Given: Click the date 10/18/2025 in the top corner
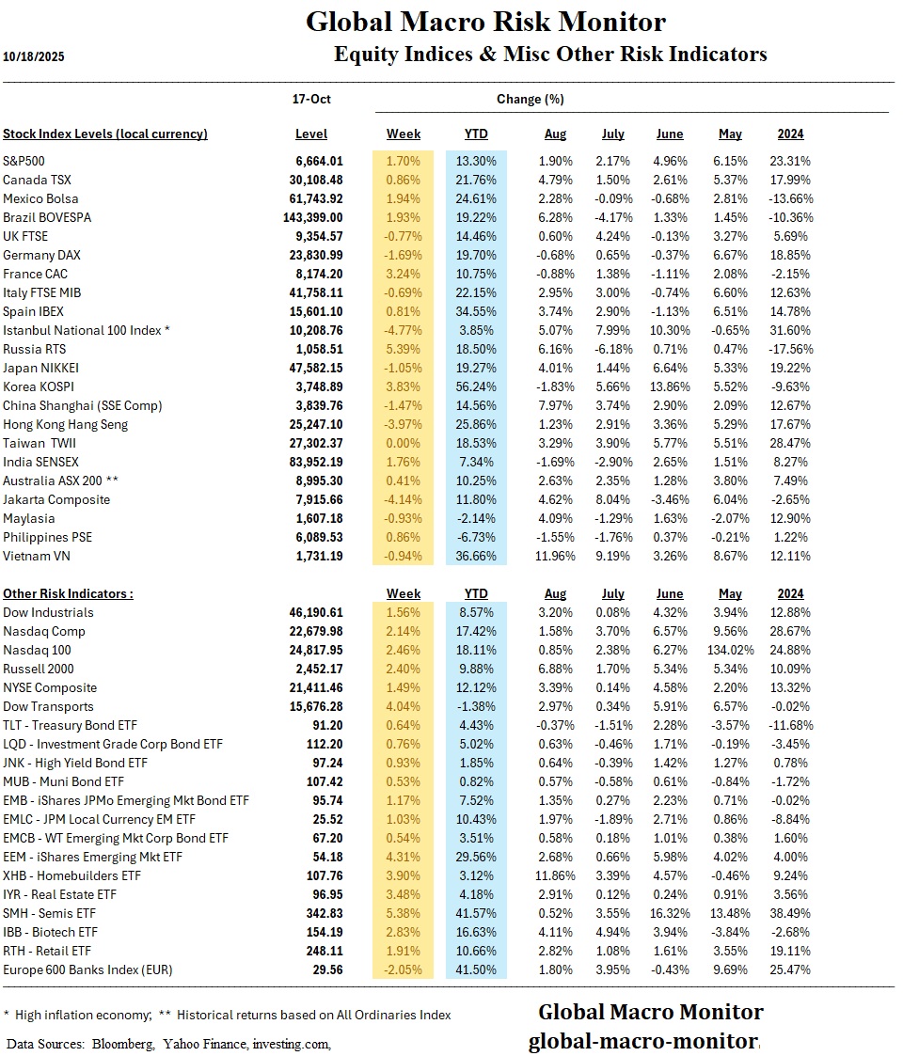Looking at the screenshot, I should [x=34, y=56].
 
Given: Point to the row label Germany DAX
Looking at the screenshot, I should [x=40, y=255].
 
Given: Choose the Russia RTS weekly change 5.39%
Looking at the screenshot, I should [x=404, y=349].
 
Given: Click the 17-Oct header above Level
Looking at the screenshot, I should [x=312, y=99].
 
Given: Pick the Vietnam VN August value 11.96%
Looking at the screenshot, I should [x=555, y=556].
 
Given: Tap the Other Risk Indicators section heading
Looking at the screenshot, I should [x=68, y=593].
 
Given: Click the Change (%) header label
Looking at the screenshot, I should [x=531, y=99].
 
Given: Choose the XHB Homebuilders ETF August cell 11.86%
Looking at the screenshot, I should [x=555, y=875].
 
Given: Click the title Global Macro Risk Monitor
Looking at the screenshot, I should [x=485, y=22].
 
